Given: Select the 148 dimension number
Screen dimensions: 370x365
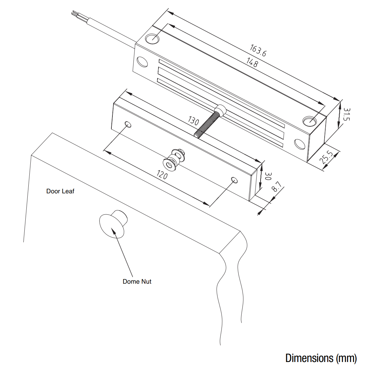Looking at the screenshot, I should (x=252, y=62).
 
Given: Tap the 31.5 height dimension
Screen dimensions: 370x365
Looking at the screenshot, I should (x=347, y=114).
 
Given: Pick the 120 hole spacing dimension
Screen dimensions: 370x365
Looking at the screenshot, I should (x=162, y=174).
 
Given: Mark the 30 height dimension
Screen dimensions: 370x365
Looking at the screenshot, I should (x=268, y=176).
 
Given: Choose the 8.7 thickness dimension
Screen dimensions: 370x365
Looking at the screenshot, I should (x=277, y=187).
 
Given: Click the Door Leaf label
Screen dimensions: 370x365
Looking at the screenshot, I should (x=60, y=191).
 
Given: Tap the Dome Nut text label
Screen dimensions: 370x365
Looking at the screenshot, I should (x=137, y=282).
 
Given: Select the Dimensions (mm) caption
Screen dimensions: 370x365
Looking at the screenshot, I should (x=321, y=358).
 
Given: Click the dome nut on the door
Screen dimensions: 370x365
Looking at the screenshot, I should (x=112, y=225).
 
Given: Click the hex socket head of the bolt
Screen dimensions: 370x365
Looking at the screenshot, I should (x=220, y=109).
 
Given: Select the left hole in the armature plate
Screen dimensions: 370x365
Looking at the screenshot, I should (x=128, y=125).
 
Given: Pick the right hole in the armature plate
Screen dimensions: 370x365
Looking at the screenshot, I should (x=235, y=181).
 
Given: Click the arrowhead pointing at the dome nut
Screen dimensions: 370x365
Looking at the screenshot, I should (x=114, y=230).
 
